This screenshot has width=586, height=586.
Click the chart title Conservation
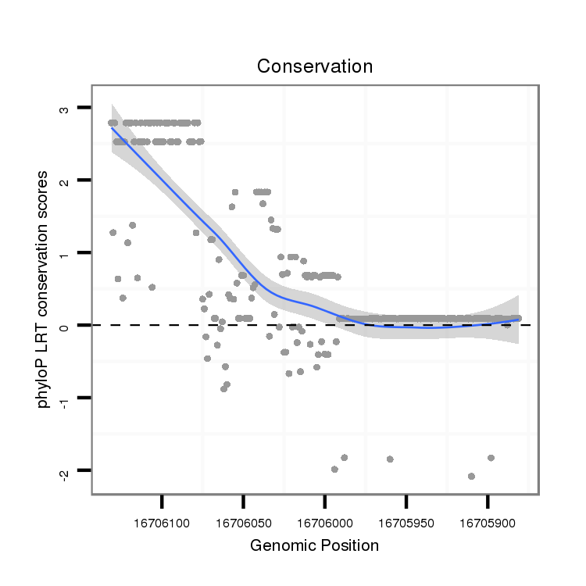click(315, 66)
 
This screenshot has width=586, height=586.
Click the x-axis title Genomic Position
click(314, 545)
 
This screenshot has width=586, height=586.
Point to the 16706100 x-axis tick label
click(162, 519)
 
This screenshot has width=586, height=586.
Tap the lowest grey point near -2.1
click(471, 476)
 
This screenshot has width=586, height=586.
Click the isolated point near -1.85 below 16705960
click(390, 459)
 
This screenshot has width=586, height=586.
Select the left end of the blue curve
click(112, 127)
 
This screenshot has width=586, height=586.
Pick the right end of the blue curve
click(518, 319)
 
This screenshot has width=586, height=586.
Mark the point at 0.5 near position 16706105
click(152, 287)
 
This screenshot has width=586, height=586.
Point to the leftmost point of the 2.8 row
click(111, 123)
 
